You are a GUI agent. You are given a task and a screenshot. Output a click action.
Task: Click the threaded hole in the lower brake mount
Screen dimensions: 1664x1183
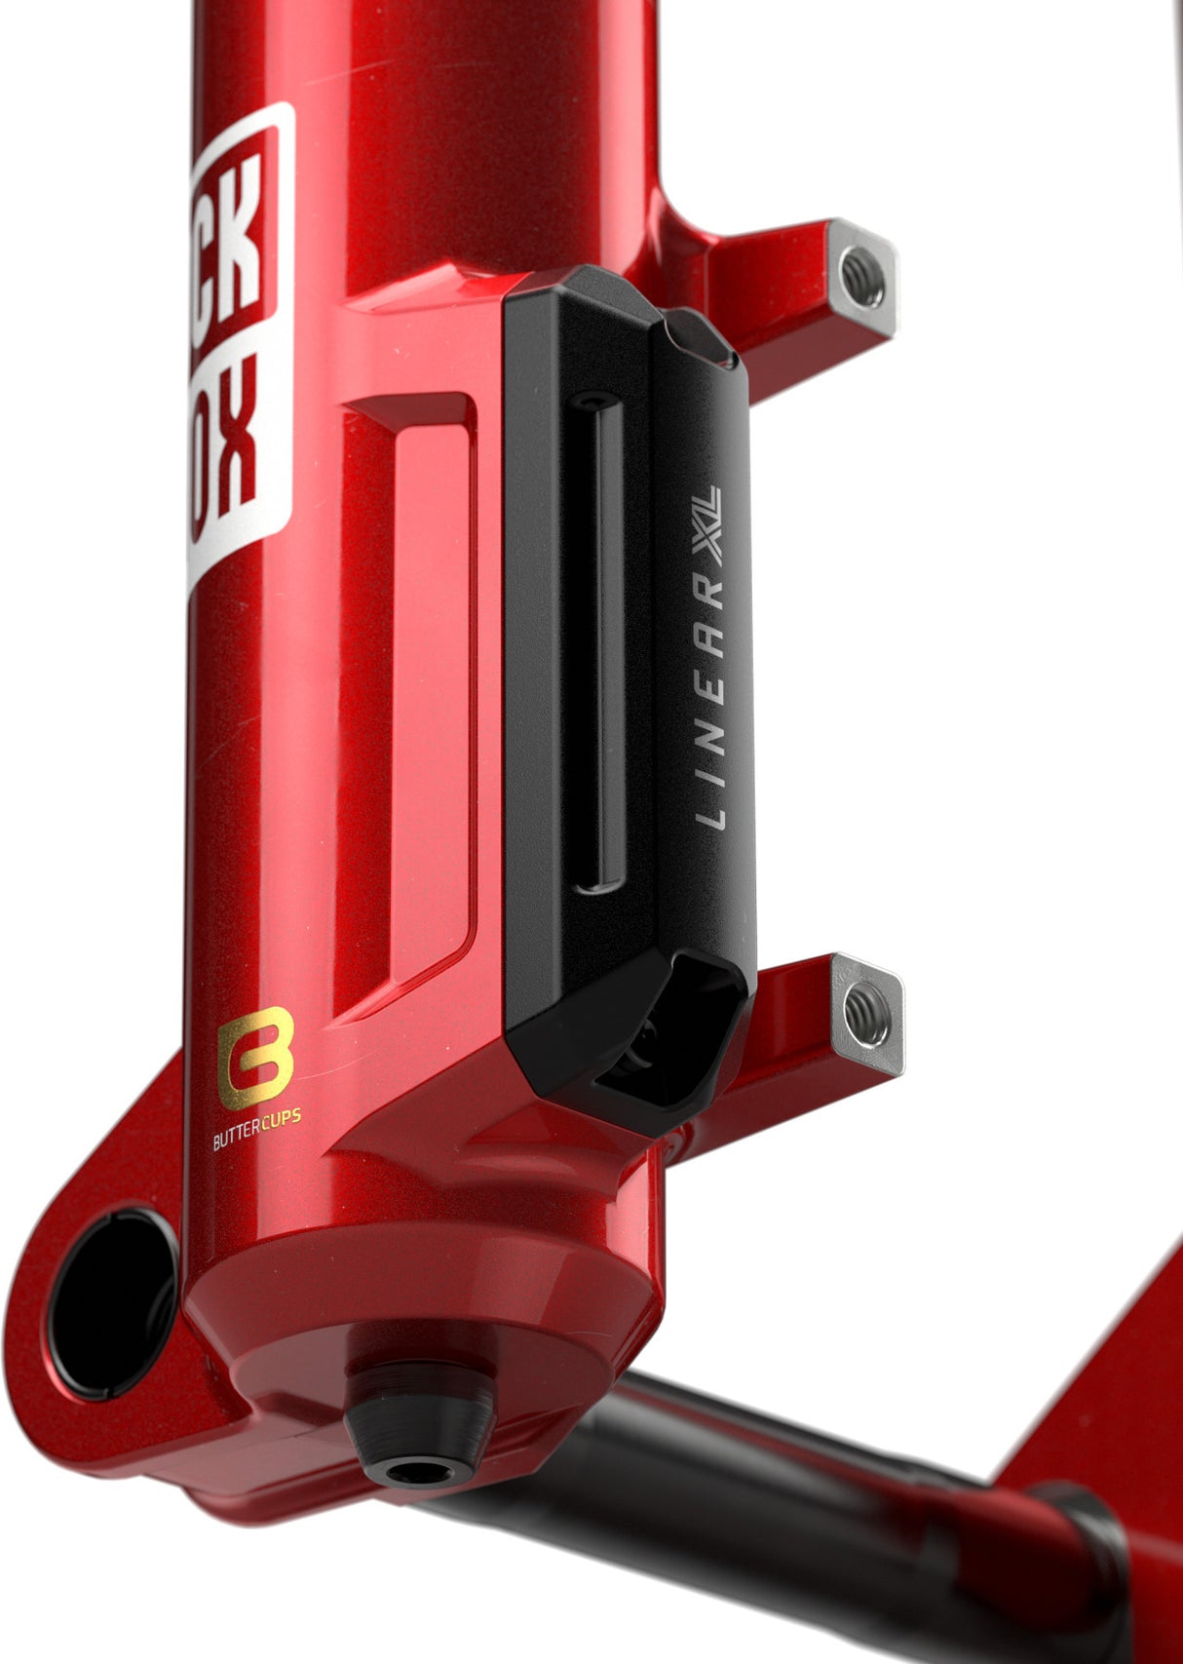(865, 1014)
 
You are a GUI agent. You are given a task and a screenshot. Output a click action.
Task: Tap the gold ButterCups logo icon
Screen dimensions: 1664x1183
(255, 1058)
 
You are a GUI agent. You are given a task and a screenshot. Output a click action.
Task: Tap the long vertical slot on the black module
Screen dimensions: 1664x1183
(598, 643)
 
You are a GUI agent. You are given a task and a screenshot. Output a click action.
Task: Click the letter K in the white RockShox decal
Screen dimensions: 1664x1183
(240, 234)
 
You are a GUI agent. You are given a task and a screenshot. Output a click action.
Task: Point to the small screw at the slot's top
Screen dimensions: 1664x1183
(591, 401)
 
